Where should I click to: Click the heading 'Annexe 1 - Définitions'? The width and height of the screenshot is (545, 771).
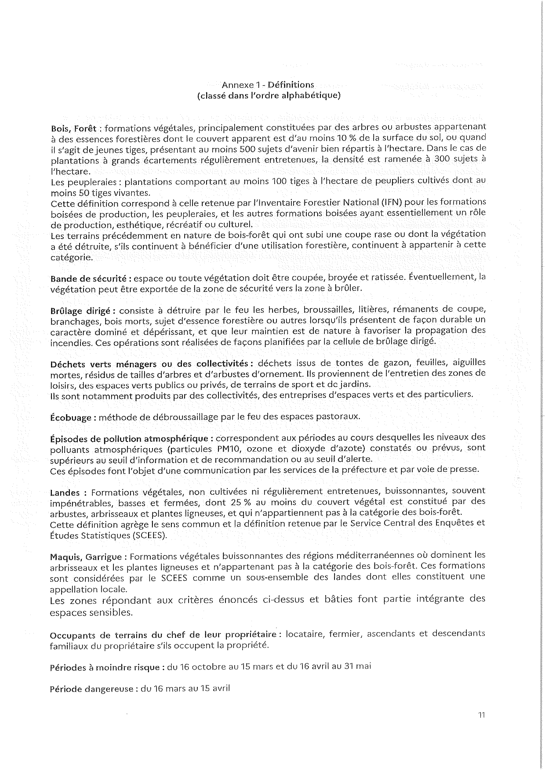click(268, 84)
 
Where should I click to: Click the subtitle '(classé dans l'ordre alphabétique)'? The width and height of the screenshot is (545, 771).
click(269, 95)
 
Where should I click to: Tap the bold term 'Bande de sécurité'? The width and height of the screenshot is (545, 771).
click(89, 279)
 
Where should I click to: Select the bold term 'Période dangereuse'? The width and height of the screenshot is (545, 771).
click(91, 689)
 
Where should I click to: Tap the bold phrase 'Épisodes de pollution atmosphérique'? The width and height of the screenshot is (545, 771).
click(130, 438)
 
